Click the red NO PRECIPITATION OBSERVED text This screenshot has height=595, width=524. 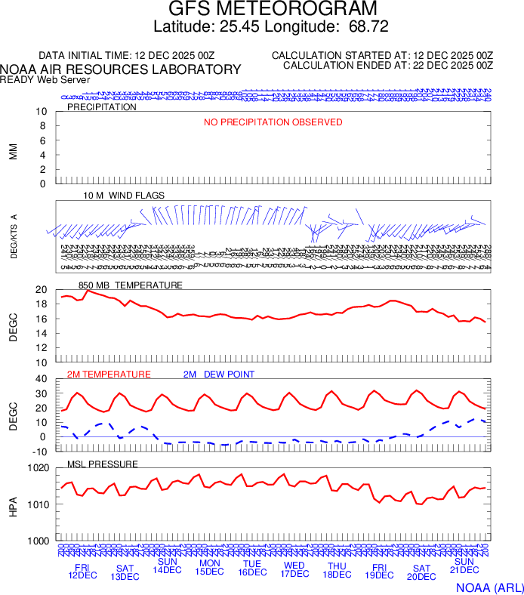click(273, 122)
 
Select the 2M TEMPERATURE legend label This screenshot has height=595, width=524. click(109, 375)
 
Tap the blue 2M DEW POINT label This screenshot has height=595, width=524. click(219, 375)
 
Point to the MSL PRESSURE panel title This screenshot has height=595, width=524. click(103, 464)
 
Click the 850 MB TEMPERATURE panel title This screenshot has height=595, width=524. click(130, 285)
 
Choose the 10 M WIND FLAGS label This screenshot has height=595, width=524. click(124, 196)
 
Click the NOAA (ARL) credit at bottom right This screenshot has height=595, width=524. click(489, 587)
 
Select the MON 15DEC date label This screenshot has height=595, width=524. click(210, 567)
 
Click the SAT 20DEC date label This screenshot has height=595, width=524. click(421, 572)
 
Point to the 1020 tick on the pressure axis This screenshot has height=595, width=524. click(39, 468)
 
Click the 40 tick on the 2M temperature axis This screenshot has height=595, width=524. click(42, 379)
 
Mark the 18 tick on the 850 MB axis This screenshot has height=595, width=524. click(42, 304)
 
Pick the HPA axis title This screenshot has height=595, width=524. click(13, 505)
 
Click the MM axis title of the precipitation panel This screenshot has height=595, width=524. click(13, 152)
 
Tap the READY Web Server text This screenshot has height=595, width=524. click(45, 80)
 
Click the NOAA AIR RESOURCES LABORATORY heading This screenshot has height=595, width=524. click(121, 69)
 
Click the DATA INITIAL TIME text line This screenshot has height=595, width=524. click(127, 56)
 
